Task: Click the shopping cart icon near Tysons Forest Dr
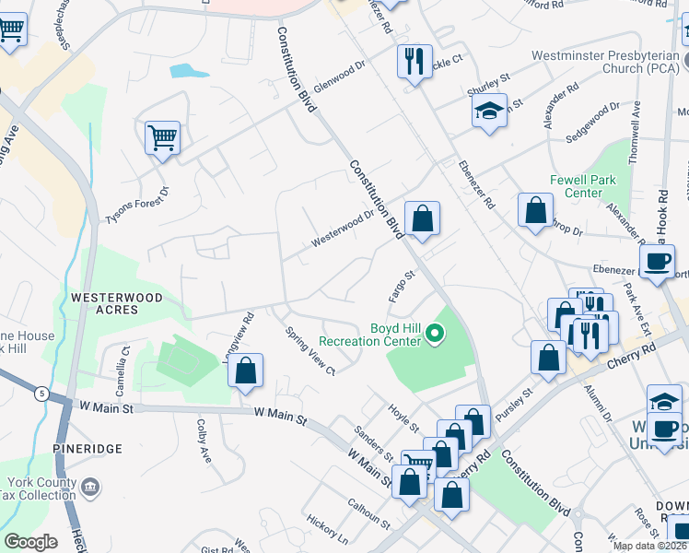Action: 162,138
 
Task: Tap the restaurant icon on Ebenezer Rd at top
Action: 415,62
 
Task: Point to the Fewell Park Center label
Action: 576,186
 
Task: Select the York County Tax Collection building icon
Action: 90,486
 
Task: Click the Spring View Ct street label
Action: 310,351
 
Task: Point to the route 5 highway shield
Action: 41,394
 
